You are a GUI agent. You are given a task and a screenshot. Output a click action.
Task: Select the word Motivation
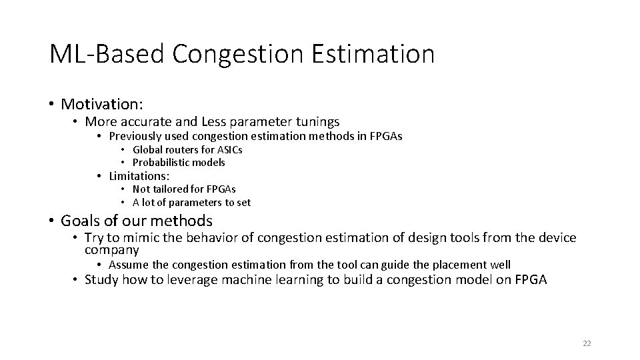pyautogui.click(x=101, y=104)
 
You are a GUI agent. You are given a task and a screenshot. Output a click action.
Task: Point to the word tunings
pyautogui.click(x=315, y=122)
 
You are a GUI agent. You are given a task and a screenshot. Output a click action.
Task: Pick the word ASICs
pyautogui.click(x=229, y=150)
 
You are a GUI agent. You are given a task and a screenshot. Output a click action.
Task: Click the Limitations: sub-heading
pyautogui.click(x=139, y=176)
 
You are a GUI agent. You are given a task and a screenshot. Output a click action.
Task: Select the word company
pyautogui.click(x=112, y=251)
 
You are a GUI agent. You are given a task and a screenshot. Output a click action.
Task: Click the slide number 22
pyautogui.click(x=587, y=343)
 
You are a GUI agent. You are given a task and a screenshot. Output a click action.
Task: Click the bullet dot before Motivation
pyautogui.click(x=51, y=105)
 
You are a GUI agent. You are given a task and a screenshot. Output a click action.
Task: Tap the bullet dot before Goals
pyautogui.click(x=51, y=221)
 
